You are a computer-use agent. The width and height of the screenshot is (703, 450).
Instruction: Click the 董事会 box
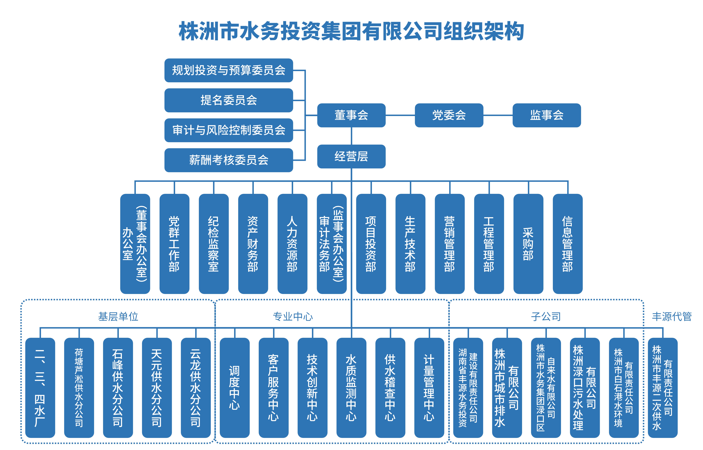[x=351, y=115]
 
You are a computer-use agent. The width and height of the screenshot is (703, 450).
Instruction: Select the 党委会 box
[x=449, y=115]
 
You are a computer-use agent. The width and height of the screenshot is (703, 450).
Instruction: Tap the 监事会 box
[x=547, y=115]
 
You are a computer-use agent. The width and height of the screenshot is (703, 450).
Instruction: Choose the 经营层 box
[x=351, y=156]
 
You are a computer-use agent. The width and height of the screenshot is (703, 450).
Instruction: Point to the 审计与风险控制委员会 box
[x=229, y=130]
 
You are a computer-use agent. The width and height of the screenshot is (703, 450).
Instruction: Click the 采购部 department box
[x=528, y=244]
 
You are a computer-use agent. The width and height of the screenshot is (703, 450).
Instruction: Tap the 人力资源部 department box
[x=292, y=244]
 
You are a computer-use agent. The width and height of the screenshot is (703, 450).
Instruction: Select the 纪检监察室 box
[x=213, y=244]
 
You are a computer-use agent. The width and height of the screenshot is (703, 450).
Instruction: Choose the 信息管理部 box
[x=568, y=244]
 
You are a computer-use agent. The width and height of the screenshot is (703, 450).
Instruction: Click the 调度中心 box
[x=235, y=388]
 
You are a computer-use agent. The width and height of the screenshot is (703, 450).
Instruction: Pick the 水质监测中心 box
[x=351, y=388]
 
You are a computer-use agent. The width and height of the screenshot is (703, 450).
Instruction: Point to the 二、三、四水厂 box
[x=40, y=388]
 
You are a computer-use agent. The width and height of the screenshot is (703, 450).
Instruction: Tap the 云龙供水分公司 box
[x=196, y=388]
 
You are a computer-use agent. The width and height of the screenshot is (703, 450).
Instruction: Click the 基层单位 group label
[x=118, y=316]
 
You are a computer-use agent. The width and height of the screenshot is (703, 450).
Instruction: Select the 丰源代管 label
[x=672, y=316]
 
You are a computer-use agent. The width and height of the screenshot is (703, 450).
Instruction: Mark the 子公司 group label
[x=546, y=316]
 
